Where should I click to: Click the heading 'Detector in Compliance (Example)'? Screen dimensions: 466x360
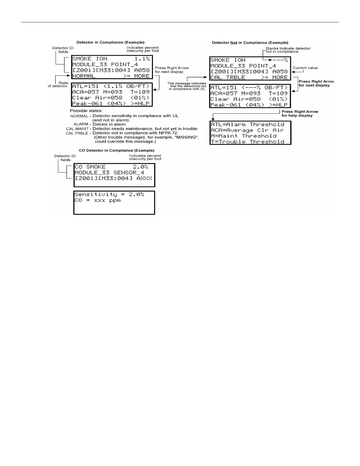pos(110,42)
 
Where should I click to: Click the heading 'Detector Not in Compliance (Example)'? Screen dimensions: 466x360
pos(250,43)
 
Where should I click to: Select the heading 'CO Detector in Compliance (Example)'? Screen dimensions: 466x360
pos(116,150)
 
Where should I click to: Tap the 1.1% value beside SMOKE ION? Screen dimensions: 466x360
pos(142,59)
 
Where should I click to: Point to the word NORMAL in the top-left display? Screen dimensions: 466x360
pos(84,76)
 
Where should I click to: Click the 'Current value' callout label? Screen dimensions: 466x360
pos(305,68)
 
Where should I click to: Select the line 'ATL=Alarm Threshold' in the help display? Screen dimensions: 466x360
pos(247,124)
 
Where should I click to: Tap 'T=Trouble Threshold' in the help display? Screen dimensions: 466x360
pos(247,142)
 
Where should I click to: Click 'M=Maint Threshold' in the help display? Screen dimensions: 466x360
pos(244,136)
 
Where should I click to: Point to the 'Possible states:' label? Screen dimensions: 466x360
pos(86,111)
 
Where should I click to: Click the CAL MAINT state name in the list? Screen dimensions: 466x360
pos(77,129)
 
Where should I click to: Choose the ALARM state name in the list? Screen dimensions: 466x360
pos(81,124)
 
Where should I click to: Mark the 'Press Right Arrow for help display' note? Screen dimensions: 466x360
pos(300,114)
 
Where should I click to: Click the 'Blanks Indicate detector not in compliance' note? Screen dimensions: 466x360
pos(288,50)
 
